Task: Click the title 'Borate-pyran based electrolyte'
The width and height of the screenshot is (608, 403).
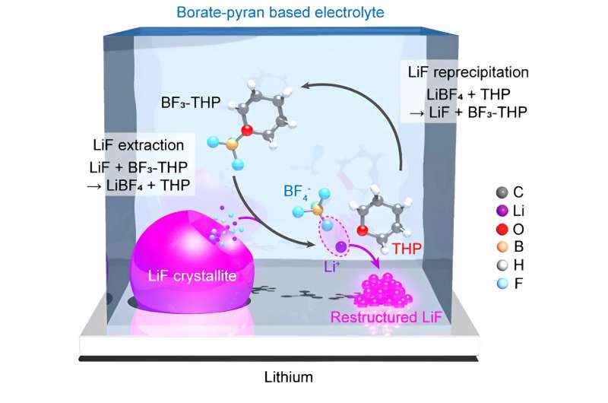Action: click(x=302, y=12)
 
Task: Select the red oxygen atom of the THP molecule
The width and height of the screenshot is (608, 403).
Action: click(x=363, y=230)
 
